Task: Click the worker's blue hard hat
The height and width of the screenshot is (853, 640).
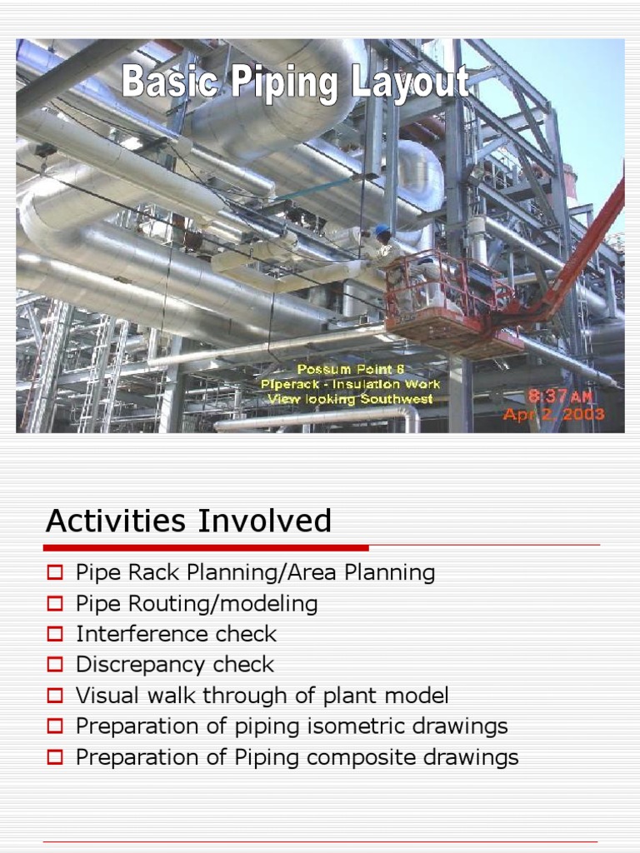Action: [x=382, y=229]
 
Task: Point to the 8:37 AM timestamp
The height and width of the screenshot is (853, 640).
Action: [x=558, y=397]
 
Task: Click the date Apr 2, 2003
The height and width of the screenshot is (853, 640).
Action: [x=553, y=414]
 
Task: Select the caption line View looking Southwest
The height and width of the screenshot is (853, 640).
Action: [x=350, y=399]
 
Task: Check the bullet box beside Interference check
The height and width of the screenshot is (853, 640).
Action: [x=55, y=634]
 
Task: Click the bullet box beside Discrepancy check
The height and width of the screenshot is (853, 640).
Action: [x=55, y=665]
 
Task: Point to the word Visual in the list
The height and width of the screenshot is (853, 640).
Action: [x=102, y=696]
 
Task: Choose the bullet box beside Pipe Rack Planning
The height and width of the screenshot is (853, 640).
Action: [x=55, y=573]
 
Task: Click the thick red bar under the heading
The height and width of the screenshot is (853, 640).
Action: [x=206, y=547]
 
